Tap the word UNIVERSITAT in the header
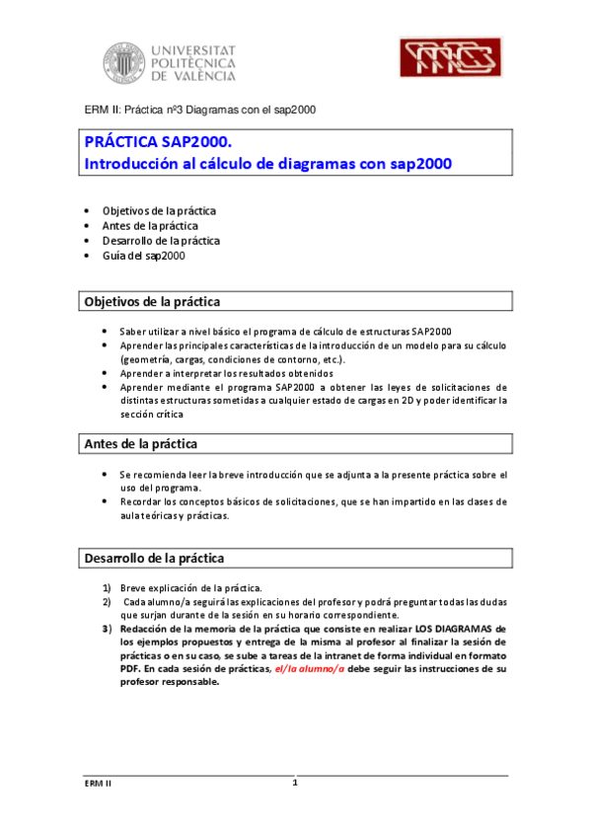[194, 48]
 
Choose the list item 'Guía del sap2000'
[144, 256]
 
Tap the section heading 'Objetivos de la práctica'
[152, 301]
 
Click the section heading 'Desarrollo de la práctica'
[154, 559]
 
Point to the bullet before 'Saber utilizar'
[106, 332]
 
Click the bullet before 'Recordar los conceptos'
[106, 502]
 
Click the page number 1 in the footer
[294, 784]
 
